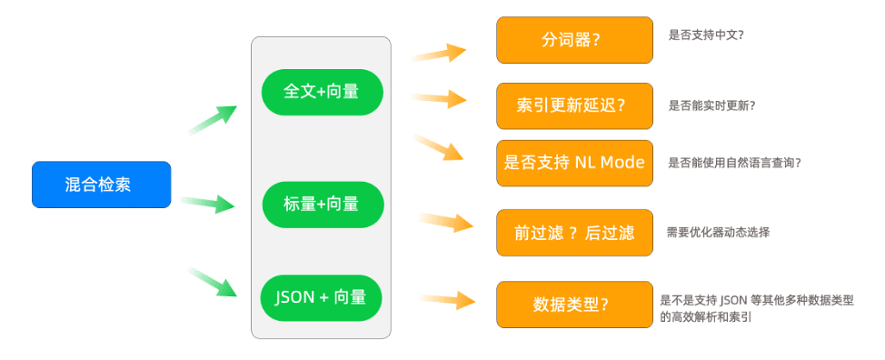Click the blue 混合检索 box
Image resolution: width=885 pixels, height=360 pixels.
pyautogui.click(x=102, y=185)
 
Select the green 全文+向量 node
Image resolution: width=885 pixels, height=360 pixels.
pyautogui.click(x=323, y=92)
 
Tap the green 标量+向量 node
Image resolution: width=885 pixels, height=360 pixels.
pyautogui.click(x=323, y=205)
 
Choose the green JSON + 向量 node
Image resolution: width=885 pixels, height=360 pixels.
pyautogui.click(x=321, y=297)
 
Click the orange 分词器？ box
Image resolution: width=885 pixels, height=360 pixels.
pyautogui.click(x=574, y=40)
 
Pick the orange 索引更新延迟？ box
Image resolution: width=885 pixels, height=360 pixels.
pyautogui.click(x=574, y=106)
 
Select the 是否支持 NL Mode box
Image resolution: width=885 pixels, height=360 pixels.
pyautogui.click(x=574, y=163)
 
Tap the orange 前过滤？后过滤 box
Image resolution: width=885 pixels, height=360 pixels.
pyautogui.click(x=574, y=233)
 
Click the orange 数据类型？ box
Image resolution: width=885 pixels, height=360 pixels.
pyautogui.click(x=574, y=305)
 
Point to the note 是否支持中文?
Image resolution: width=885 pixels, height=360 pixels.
pyautogui.click(x=706, y=35)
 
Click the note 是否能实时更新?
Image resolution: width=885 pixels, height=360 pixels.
pyautogui.click(x=711, y=105)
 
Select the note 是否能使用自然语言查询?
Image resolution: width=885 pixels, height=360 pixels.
pyautogui.click(x=735, y=163)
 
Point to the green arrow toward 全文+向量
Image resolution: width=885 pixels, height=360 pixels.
pyautogui.click(x=213, y=119)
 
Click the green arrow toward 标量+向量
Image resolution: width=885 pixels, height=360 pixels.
pyautogui.click(x=206, y=203)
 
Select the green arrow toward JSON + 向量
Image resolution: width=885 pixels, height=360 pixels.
pyautogui.click(x=213, y=282)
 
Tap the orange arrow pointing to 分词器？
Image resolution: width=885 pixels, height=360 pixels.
pyautogui.click(x=439, y=53)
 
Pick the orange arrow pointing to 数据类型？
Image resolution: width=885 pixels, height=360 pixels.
pyautogui.click(x=448, y=300)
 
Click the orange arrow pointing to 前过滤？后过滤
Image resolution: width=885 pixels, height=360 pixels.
pyautogui.click(x=446, y=223)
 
